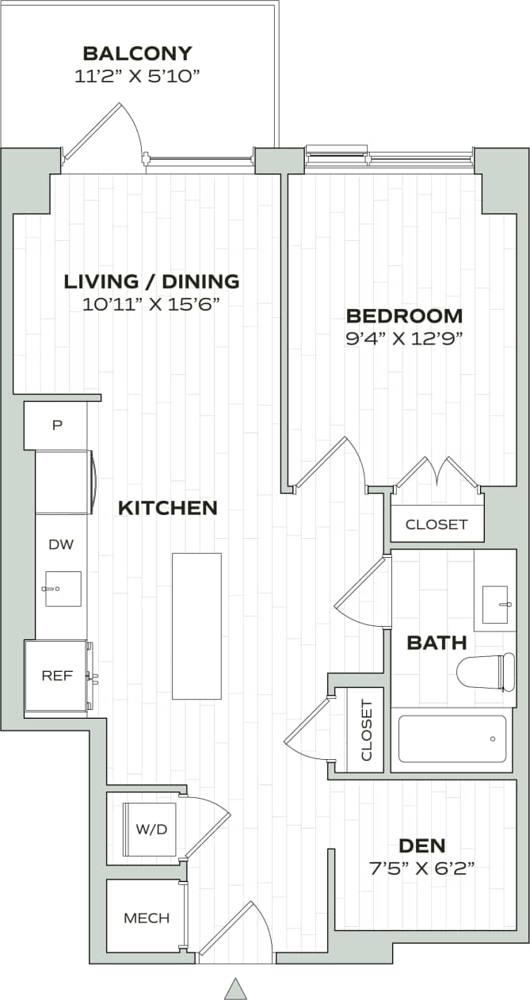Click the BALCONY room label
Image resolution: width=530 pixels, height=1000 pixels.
(137, 54)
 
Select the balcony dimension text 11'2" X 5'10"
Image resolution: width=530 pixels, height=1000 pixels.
(137, 78)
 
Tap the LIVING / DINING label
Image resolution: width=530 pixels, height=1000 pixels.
(151, 281)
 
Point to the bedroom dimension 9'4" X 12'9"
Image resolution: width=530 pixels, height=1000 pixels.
(404, 338)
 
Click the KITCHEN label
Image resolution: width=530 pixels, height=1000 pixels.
(167, 508)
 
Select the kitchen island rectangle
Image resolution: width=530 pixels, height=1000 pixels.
(196, 626)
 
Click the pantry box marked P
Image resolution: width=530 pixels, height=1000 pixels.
(56, 426)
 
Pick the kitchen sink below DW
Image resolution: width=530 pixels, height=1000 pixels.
(63, 589)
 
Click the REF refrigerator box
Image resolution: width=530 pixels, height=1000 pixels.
(56, 677)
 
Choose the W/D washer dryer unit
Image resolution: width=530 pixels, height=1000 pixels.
(150, 829)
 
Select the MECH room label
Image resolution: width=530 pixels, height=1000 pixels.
(147, 918)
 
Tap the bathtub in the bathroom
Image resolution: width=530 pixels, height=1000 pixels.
(452, 739)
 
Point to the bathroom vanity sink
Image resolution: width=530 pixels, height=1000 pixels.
(494, 605)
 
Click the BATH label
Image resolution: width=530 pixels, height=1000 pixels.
(437, 643)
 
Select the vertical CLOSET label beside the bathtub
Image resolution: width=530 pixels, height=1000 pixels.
(367, 731)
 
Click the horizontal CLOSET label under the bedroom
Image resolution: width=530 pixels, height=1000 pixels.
(437, 525)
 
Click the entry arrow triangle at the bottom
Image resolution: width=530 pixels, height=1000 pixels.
(235, 989)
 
